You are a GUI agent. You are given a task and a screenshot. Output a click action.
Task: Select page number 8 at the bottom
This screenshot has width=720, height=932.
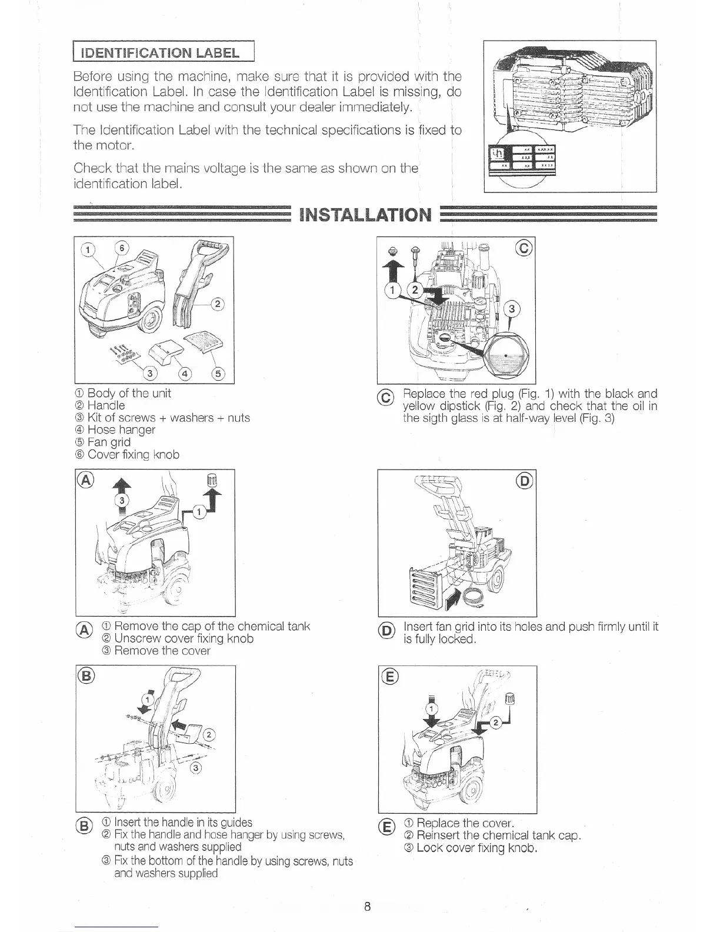pyautogui.click(x=366, y=907)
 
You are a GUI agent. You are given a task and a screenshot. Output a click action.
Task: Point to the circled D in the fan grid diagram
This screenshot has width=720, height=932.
pyautogui.click(x=524, y=481)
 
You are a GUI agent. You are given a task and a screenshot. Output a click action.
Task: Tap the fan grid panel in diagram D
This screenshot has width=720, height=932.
pyautogui.click(x=425, y=589)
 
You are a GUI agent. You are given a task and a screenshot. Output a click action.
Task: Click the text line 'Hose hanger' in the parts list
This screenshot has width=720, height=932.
pyautogui.click(x=121, y=430)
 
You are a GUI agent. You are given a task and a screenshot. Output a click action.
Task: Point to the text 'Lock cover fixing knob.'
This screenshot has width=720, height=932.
pyautogui.click(x=478, y=848)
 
